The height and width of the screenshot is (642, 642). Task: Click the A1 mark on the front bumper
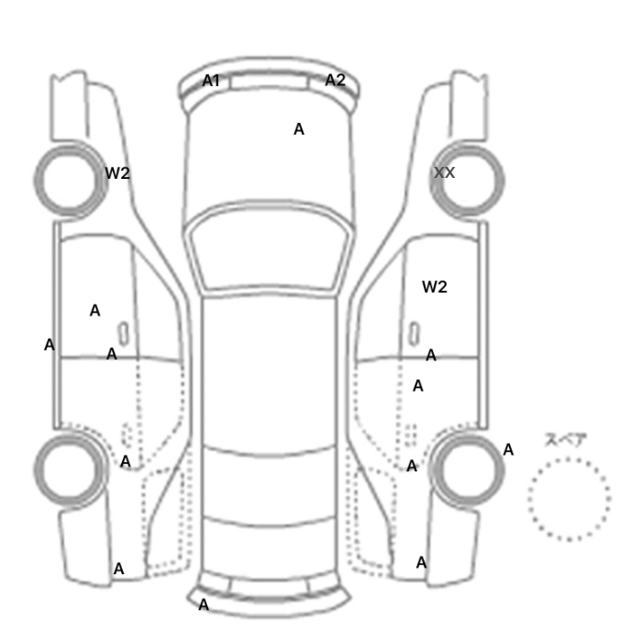coord(211,81)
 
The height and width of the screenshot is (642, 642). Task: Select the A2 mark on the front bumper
coord(336,80)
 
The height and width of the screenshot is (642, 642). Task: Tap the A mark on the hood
coord(299,129)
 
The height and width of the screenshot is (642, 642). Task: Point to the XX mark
coord(444,172)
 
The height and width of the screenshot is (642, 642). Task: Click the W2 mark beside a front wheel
coord(117,173)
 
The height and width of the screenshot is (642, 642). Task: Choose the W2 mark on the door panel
coord(435,287)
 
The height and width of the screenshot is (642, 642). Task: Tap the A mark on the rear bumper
coord(204,604)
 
